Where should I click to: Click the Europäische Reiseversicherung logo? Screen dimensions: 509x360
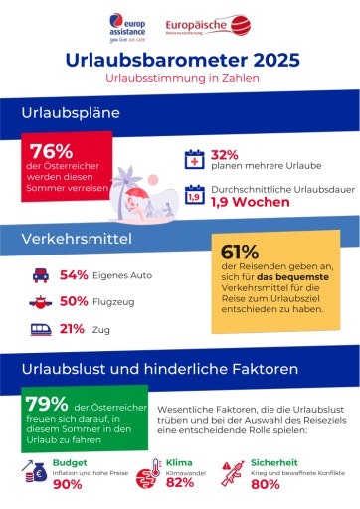click(209, 24)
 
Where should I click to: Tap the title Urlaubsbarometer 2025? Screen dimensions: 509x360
click(180, 61)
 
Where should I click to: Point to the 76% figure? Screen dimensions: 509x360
click(51, 151)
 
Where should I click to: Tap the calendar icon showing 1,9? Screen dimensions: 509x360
click(195, 196)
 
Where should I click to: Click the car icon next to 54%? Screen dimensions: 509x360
click(40, 274)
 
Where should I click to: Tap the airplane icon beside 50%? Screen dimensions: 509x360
click(40, 301)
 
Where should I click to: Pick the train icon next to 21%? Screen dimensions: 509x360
click(40, 328)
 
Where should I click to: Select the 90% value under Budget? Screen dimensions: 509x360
click(67, 484)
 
